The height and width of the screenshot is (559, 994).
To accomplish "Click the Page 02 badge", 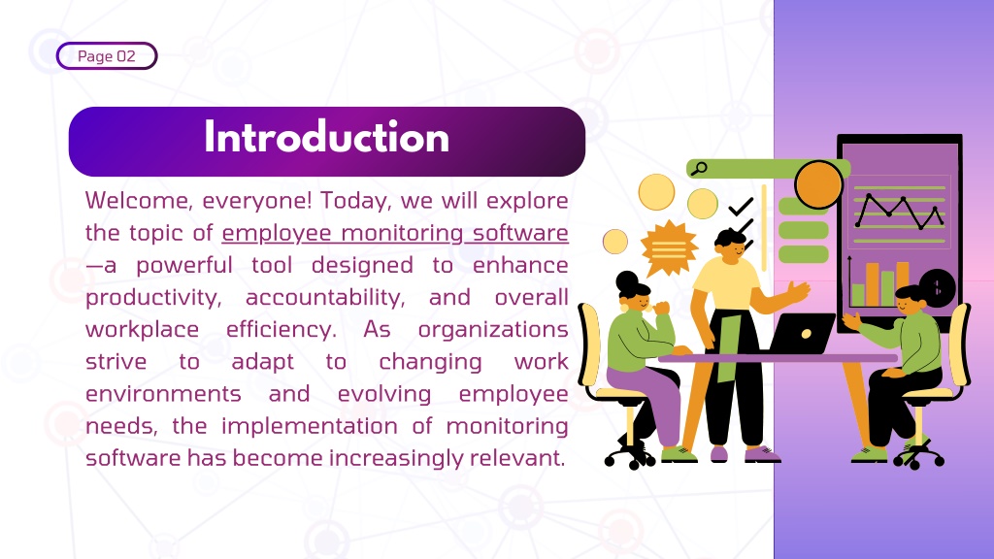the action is [x=107, y=55].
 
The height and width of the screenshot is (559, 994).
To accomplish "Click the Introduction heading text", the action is [x=326, y=138].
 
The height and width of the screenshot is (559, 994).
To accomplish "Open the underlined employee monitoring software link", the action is [x=395, y=233].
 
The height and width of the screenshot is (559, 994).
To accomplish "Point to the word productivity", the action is [x=153, y=298].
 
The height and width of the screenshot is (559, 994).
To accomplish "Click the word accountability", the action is [x=325, y=298].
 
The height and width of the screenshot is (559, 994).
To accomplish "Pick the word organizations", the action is [x=493, y=330].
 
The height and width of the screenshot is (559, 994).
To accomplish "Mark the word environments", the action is [x=163, y=394].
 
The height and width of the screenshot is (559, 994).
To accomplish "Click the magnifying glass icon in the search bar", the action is [x=699, y=169].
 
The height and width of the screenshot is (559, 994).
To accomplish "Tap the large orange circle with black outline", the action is [x=818, y=184].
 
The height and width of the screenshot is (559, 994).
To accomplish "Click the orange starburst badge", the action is [x=670, y=247].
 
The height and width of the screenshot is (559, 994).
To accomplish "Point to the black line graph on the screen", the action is [x=899, y=211].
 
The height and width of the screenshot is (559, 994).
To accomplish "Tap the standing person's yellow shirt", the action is [x=726, y=283].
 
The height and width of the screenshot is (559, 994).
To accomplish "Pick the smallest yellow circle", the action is [x=614, y=242].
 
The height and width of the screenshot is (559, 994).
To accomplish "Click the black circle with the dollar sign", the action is [x=937, y=287].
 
